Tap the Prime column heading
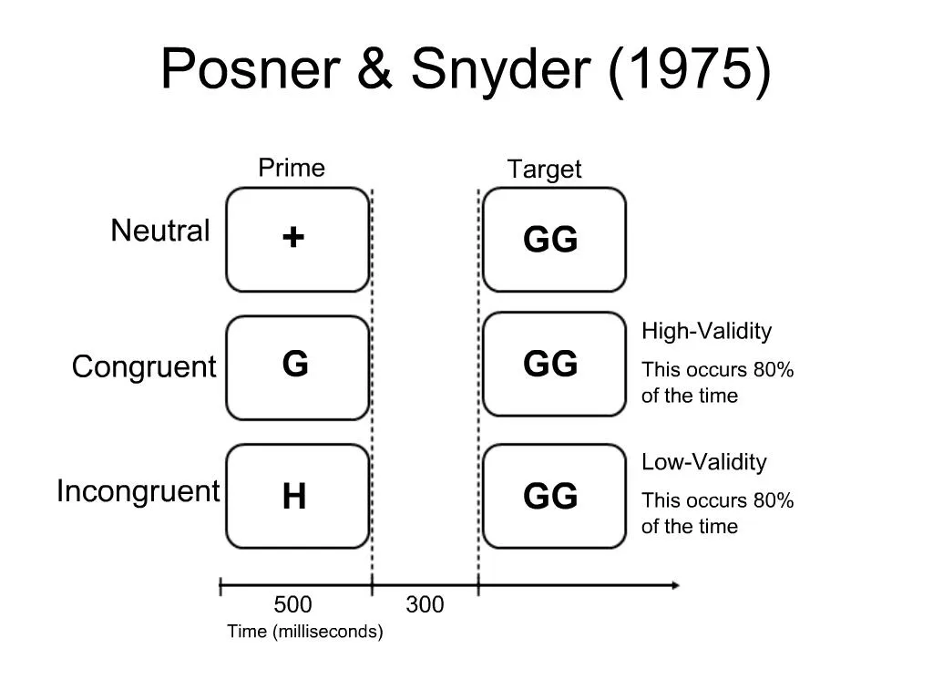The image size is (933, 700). point(292,168)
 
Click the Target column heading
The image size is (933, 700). point(544,170)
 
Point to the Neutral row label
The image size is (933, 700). point(160,231)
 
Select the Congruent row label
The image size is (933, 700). point(144,367)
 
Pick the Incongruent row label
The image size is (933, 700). point(138,491)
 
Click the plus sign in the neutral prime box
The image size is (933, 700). point(293,238)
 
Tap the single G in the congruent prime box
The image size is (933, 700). point(294,365)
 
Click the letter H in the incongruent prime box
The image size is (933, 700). point(293,498)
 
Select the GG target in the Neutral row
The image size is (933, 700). point(550,241)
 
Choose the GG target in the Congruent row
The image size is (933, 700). point(550,365)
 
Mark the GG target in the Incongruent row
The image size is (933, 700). point(550,498)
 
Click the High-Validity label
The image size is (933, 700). point(706,331)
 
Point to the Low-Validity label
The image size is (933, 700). point(703,462)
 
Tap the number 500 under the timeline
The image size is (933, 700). point(292,605)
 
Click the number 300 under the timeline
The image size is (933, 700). point(425,605)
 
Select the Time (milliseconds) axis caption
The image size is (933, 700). point(305,632)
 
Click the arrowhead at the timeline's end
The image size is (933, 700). point(673,585)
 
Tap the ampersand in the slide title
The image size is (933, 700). point(376,68)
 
